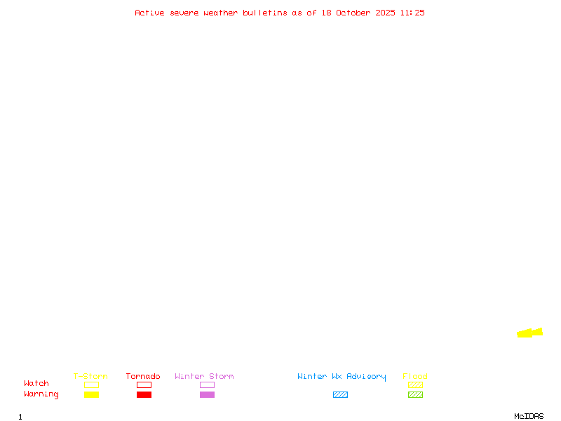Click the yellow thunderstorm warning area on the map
tap(528, 333)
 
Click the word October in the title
tap(358, 13)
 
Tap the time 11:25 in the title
tap(412, 13)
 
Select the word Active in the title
tap(149, 13)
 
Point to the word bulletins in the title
tap(265, 13)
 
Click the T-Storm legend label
tap(90, 377)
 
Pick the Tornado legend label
tap(143, 377)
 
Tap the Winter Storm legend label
tap(204, 377)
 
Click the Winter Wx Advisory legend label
tap(342, 377)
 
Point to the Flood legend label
tap(415, 377)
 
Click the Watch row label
tap(36, 384)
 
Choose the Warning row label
tap(41, 394)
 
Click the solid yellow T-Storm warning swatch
tap(91, 395)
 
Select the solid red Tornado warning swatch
tap(144, 395)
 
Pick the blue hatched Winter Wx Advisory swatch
tap(340, 395)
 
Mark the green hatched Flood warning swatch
tap(415, 395)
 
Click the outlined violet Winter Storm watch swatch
tap(207, 385)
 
